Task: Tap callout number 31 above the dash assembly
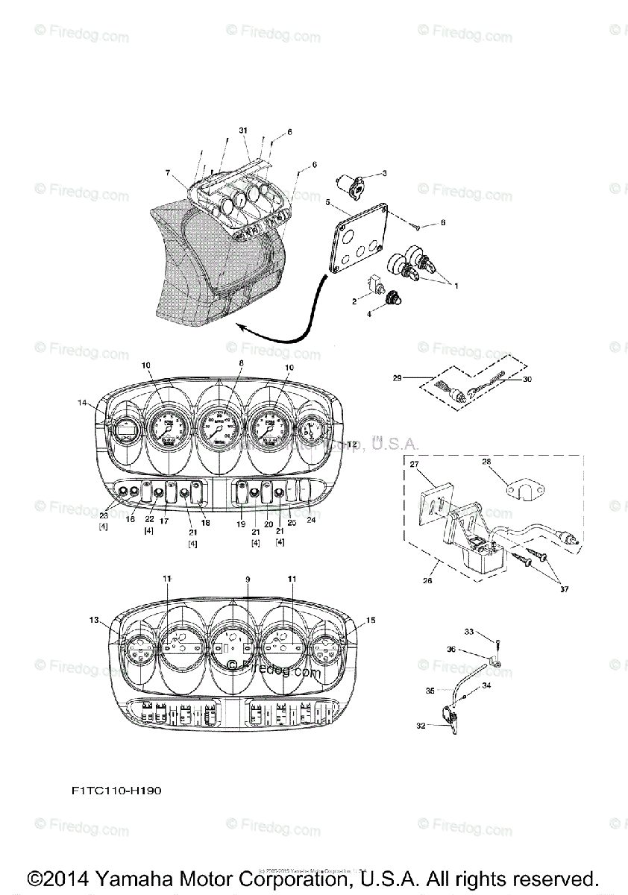pos(242,130)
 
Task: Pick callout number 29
pos(398,378)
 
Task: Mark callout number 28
pos(486,462)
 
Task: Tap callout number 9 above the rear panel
pos(248,579)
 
